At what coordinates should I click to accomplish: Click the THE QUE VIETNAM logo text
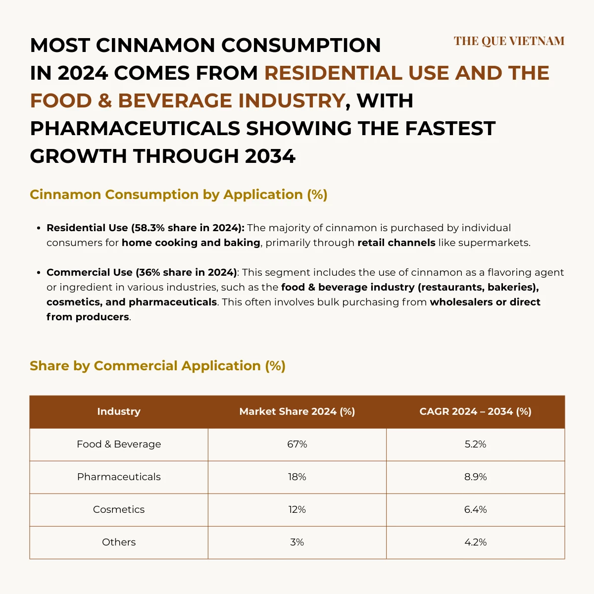(x=509, y=41)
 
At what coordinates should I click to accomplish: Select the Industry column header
(x=119, y=411)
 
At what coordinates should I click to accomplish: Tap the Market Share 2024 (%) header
(x=297, y=411)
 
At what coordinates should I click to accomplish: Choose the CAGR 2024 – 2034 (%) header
(x=475, y=411)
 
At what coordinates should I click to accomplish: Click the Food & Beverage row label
(x=119, y=444)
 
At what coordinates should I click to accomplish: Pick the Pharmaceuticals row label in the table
(x=119, y=477)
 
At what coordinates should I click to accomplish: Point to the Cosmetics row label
(x=119, y=509)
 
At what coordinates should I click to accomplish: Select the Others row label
(x=119, y=542)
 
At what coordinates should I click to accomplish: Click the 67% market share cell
(x=297, y=444)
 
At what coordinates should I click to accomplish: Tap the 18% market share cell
(x=297, y=477)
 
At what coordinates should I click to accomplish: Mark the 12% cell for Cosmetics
(x=297, y=509)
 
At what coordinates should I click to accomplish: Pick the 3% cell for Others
(x=297, y=542)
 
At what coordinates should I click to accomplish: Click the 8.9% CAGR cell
(x=475, y=477)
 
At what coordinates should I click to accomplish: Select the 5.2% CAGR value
(x=475, y=444)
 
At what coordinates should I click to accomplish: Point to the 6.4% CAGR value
(x=475, y=509)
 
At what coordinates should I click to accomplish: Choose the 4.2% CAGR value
(x=475, y=542)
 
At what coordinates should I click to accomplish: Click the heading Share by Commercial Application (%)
(x=157, y=366)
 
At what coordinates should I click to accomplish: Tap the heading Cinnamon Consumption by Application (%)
(x=178, y=195)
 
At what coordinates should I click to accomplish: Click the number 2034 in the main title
(x=270, y=156)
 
